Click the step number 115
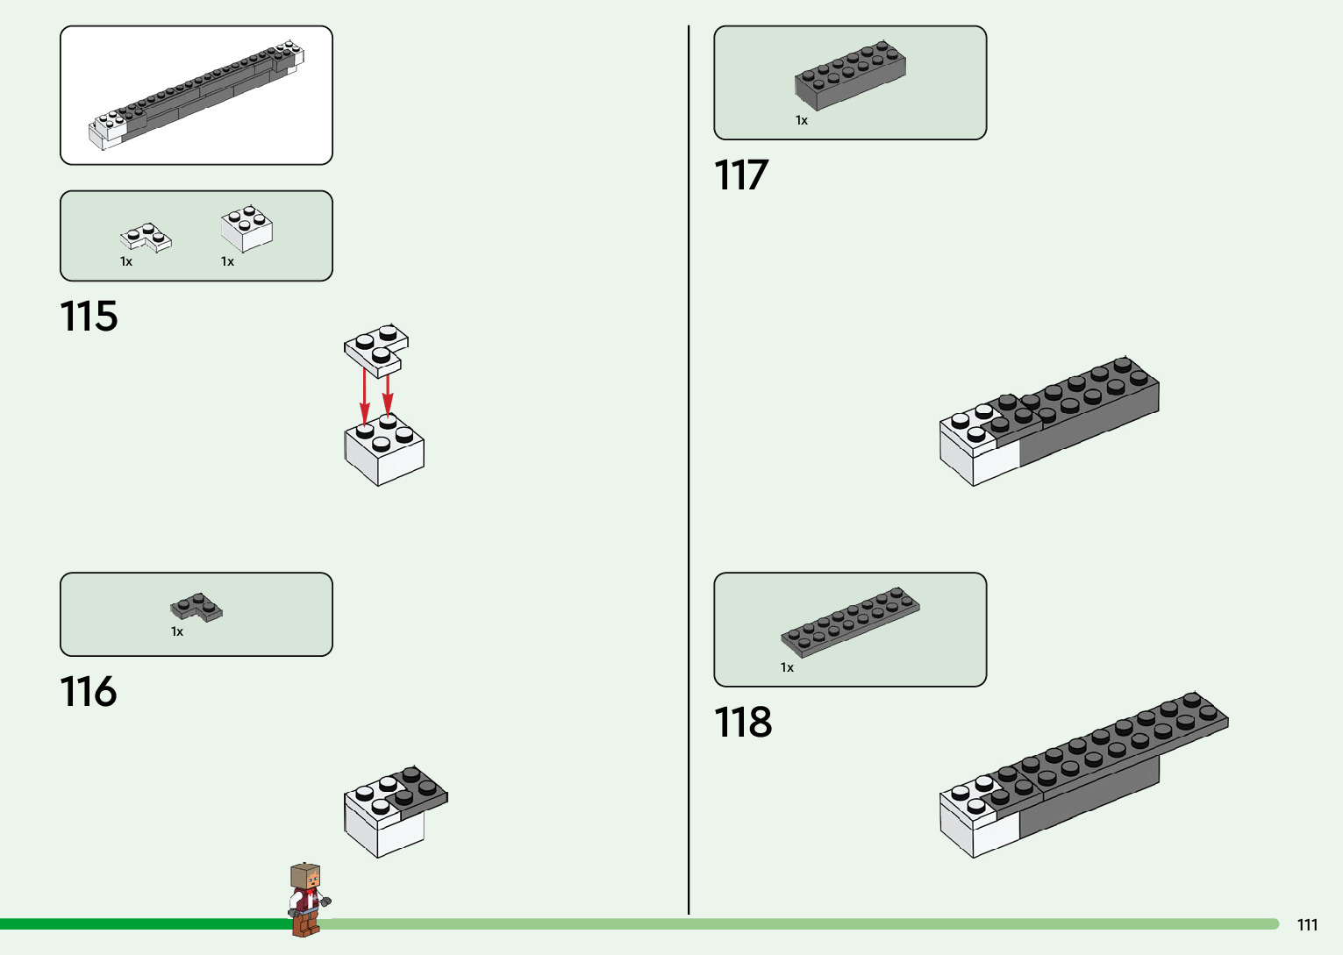[x=89, y=317]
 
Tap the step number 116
[x=89, y=692]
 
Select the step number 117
[x=741, y=175]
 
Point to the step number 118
[x=743, y=723]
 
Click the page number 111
[x=1307, y=924]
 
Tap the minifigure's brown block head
[x=305, y=876]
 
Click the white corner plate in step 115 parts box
[x=145, y=237]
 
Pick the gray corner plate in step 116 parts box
[x=196, y=607]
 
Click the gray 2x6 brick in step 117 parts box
[x=850, y=74]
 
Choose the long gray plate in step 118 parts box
[x=850, y=621]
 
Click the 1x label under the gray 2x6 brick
[x=802, y=121]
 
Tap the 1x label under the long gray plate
[x=787, y=668]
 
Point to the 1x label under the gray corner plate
[x=177, y=632]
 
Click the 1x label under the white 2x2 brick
[x=227, y=262]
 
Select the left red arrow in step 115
[x=365, y=399]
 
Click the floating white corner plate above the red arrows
[x=375, y=348]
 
